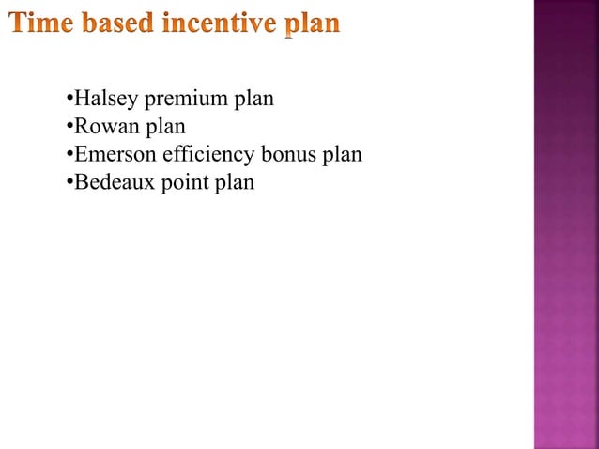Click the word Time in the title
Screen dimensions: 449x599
coord(43,23)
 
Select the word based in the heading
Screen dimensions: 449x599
coord(118,23)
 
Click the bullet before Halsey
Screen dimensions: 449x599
coord(69,99)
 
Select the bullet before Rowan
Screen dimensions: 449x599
coord(69,127)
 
